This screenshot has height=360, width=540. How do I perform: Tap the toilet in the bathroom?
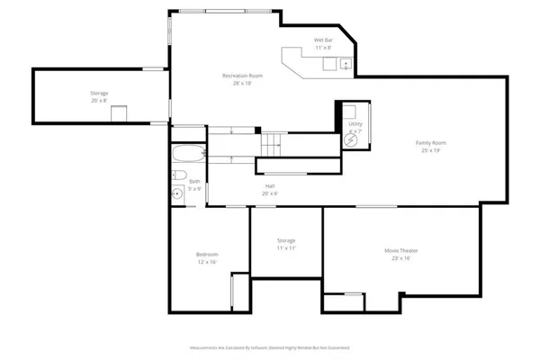point(178,174)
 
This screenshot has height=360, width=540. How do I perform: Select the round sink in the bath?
point(176,193)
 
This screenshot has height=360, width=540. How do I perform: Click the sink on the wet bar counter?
point(344,64)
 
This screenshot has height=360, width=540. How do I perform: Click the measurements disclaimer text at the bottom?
point(269,346)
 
